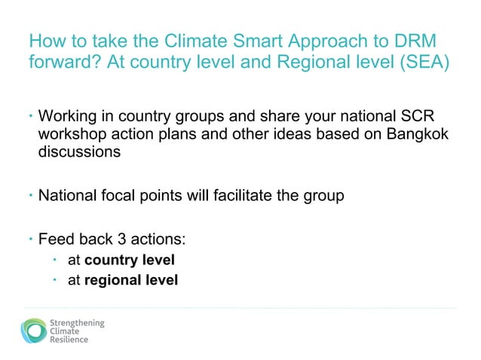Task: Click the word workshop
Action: point(72,135)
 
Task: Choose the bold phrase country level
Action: point(130,261)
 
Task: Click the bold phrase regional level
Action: point(131,281)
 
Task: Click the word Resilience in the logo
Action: point(69,340)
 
